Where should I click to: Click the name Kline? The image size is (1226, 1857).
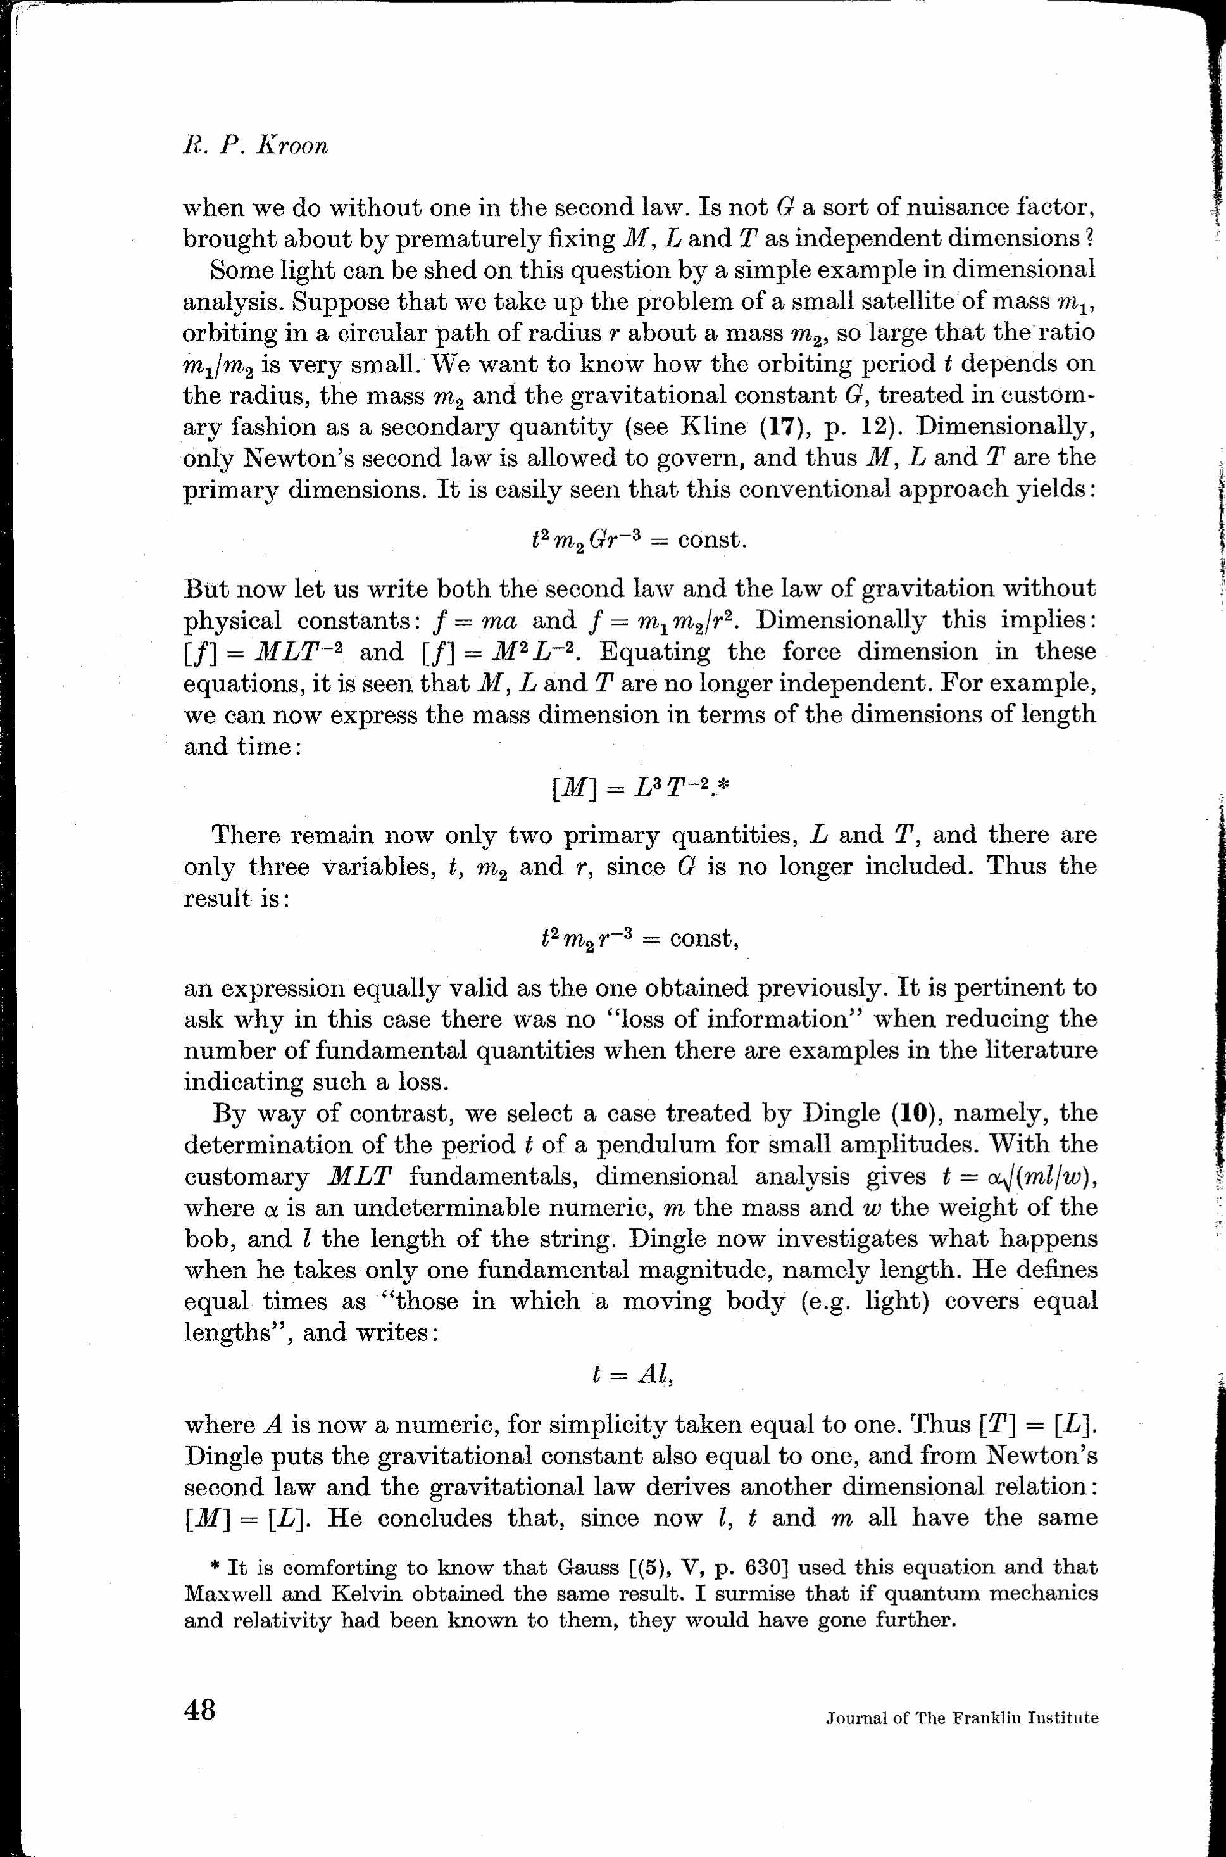pos(714,427)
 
